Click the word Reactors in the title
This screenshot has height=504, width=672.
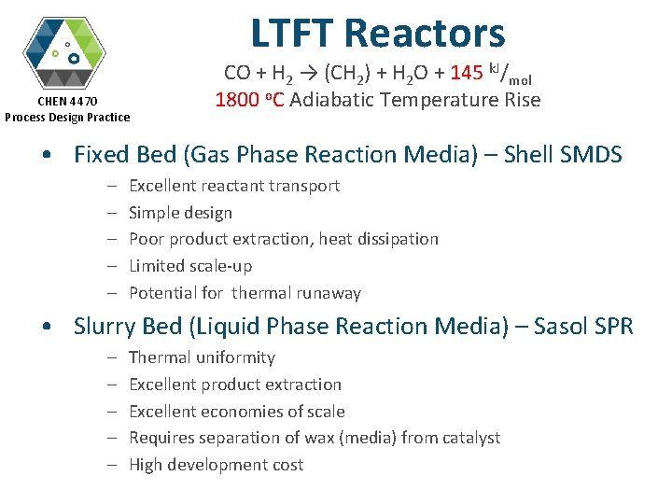tap(425, 34)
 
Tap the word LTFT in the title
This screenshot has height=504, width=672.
tap(292, 34)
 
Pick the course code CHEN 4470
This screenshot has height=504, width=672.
tap(67, 101)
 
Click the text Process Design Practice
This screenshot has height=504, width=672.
tap(67, 117)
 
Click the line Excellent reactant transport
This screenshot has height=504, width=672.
tap(234, 186)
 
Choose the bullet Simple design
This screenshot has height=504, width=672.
tap(180, 212)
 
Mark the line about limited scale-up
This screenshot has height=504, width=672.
tap(190, 266)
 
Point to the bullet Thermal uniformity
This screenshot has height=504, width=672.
tap(202, 357)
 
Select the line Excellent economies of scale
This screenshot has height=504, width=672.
tap(237, 412)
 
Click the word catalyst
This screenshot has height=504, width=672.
tap(469, 438)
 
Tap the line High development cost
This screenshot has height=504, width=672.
tap(216, 465)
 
